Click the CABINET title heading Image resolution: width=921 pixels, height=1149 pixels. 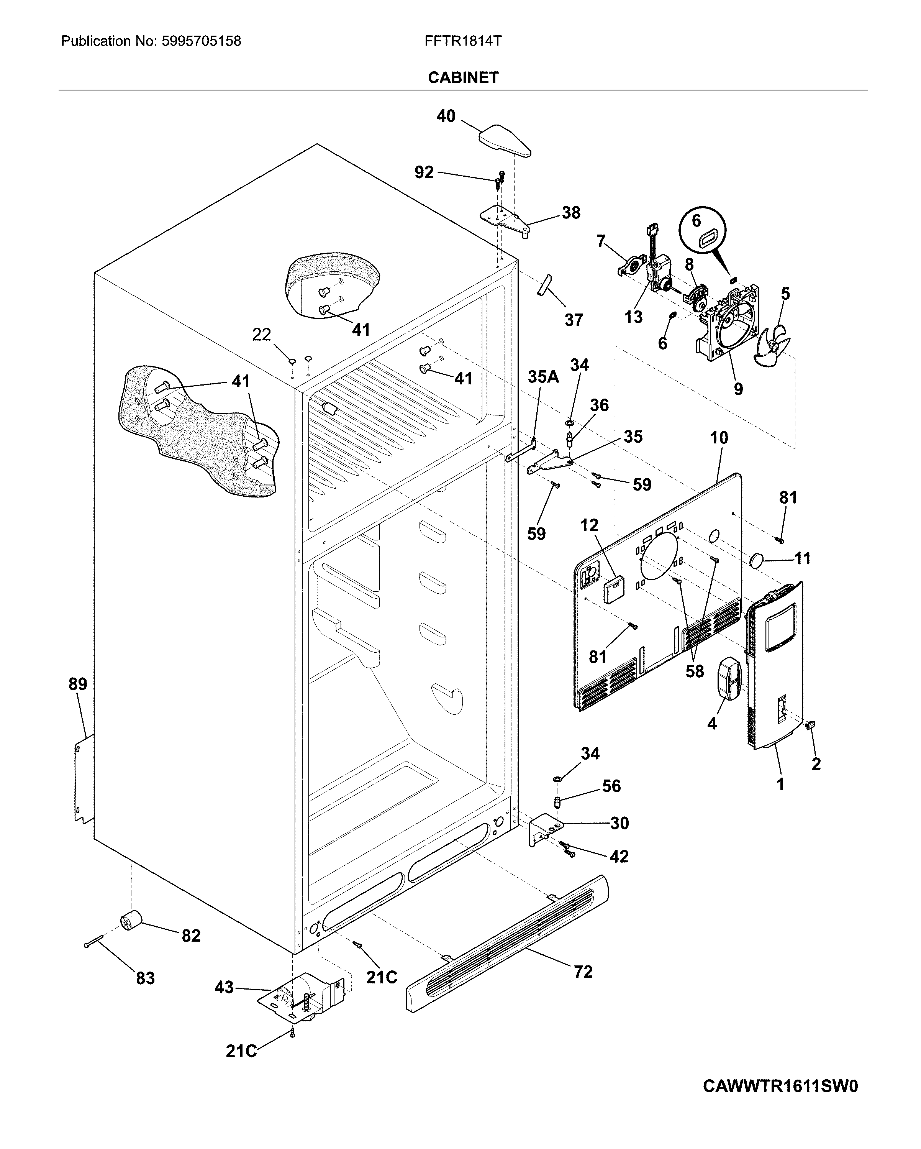[x=463, y=78]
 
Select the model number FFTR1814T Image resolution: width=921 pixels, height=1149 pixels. [x=463, y=41]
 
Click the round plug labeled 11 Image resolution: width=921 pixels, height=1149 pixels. [x=757, y=560]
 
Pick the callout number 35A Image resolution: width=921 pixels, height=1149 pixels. [x=543, y=377]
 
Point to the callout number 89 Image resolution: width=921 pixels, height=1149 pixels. [x=78, y=684]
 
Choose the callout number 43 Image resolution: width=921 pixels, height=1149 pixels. [x=224, y=988]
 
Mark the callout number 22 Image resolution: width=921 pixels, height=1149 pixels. [x=262, y=335]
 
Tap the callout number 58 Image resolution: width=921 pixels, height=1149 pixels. [x=695, y=671]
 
